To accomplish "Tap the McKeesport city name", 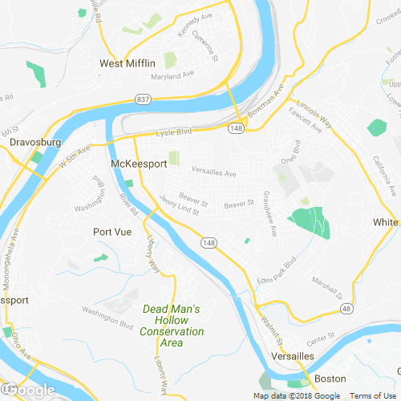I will pos(138,164).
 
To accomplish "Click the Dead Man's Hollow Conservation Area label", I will pos(172,326).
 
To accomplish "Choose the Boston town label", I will pos(330,379).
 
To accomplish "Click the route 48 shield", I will pos(345,308).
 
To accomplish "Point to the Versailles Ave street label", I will pos(213,172).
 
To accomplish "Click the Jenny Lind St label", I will pos(180,207).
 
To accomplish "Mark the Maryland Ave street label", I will pos(174,78).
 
